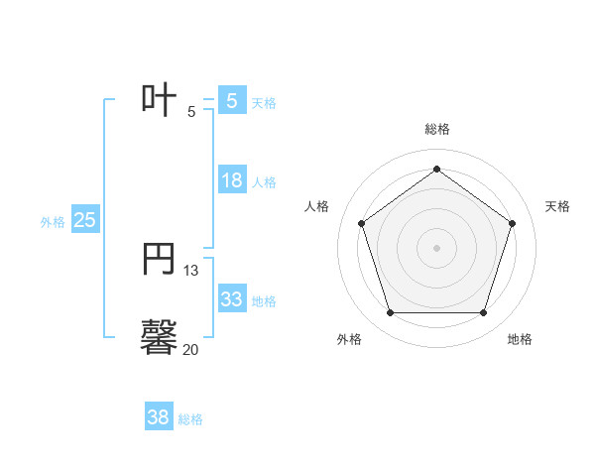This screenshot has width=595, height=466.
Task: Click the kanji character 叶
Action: [160, 100]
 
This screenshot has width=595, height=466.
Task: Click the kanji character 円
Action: [160, 260]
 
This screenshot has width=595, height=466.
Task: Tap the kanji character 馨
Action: [160, 336]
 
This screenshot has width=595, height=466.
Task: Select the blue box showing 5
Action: [232, 100]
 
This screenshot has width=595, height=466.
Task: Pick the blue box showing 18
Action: [232, 180]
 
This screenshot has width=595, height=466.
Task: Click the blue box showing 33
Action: [232, 299]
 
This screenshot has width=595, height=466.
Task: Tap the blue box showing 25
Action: [85, 220]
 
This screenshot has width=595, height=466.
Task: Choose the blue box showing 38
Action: [159, 417]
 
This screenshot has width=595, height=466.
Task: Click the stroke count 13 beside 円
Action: [191, 270]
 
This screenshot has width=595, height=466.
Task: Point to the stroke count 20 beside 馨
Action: [190, 349]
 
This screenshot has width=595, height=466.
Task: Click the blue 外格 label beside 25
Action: [53, 222]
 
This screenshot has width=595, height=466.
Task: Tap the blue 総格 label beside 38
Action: [190, 419]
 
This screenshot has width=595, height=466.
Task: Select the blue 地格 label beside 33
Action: [264, 301]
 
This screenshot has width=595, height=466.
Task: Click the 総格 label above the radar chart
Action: [437, 129]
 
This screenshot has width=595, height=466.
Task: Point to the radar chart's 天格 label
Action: [557, 206]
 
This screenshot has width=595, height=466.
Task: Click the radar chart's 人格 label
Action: [317, 206]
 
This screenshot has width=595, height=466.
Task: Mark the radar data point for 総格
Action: [437, 169]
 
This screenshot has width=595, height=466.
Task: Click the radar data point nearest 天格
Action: [513, 223]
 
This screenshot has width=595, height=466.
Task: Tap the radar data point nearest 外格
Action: [390, 313]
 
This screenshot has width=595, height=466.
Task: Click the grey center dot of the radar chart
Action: [437, 247]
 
